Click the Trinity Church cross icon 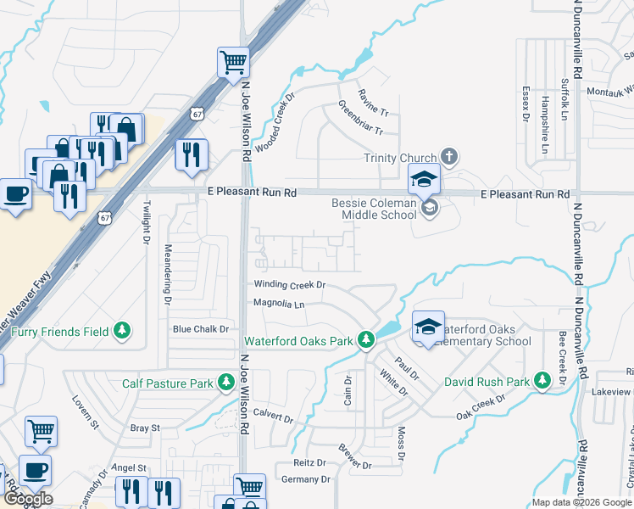click(449, 157)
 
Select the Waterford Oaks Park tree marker click(366, 340)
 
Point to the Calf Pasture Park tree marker click(226, 383)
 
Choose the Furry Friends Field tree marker click(123, 330)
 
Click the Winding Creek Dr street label click(289, 285)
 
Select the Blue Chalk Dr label click(201, 328)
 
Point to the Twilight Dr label click(146, 222)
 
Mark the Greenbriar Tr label click(361, 120)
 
